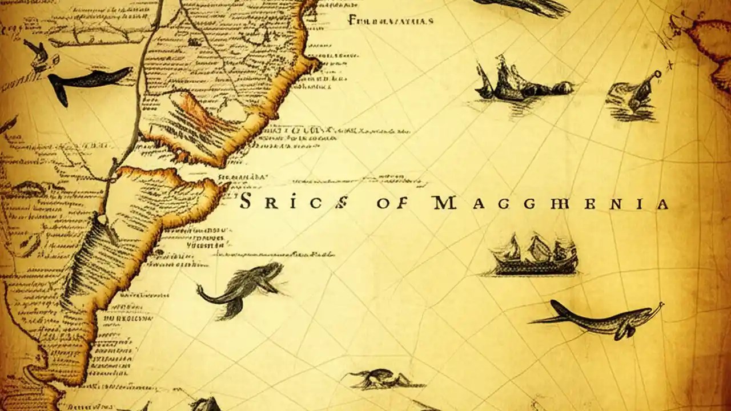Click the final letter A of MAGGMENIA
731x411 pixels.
coord(662,203)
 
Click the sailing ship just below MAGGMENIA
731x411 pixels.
coord(535,256)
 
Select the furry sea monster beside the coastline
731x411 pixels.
coord(243,287)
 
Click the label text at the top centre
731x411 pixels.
coord(391,21)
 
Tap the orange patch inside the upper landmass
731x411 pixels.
coord(194,111)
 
